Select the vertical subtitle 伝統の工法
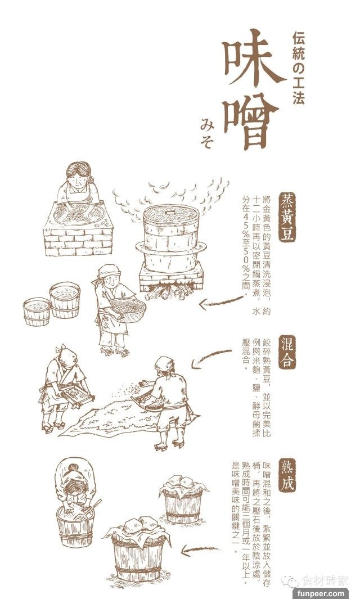tap(299, 69)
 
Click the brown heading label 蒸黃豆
tap(287, 217)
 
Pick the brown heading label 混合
tap(287, 352)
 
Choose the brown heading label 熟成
tap(287, 475)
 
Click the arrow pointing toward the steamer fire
tap(221, 303)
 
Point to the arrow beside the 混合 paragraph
tap(210, 358)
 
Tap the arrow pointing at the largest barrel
tap(200, 550)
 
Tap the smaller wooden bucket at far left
tap(37, 312)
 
